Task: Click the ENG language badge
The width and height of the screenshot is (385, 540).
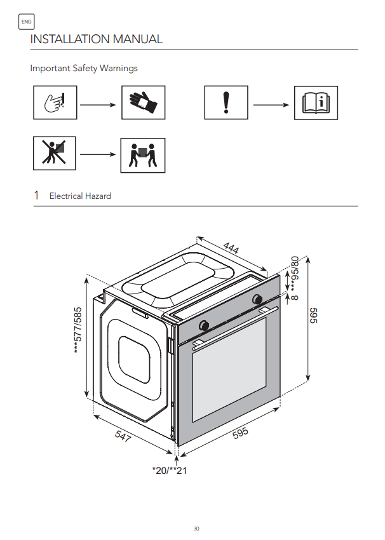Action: [x=27, y=22]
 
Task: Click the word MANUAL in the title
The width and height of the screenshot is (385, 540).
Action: [x=138, y=39]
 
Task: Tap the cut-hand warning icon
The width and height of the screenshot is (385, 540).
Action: [x=55, y=103]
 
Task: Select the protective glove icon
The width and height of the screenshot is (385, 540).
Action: [x=143, y=103]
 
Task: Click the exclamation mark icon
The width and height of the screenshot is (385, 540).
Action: [x=226, y=103]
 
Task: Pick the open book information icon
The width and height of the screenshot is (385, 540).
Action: [x=316, y=103]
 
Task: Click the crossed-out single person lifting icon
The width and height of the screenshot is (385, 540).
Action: [x=55, y=153]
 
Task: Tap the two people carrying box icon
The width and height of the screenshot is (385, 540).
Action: [x=143, y=155]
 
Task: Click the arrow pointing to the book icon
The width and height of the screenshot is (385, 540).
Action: [x=271, y=105]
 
